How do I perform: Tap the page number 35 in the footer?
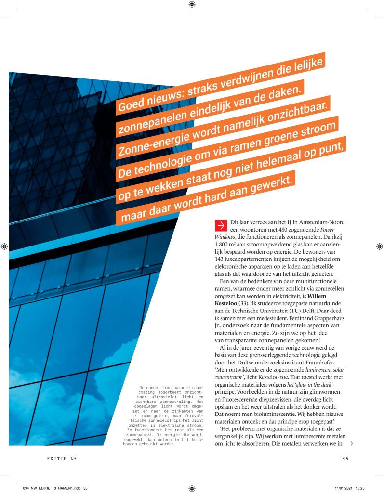[344, 458]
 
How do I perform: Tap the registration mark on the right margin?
[378, 246]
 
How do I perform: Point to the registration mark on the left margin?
[5, 246]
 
